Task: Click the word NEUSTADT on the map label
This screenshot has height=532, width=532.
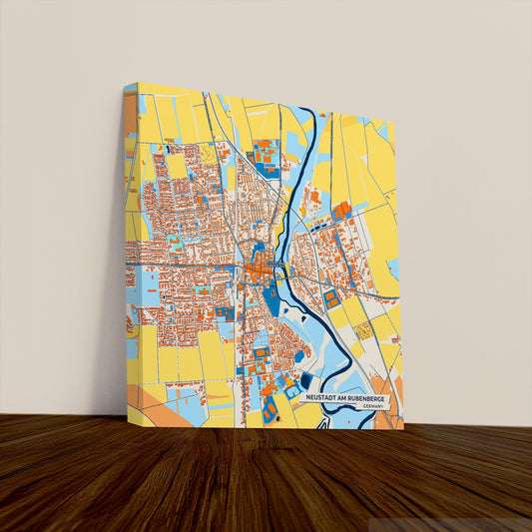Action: pyautogui.click(x=322, y=397)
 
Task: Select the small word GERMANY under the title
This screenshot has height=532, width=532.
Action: pyautogui.click(x=373, y=406)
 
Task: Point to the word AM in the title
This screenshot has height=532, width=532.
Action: pyautogui.click(x=342, y=397)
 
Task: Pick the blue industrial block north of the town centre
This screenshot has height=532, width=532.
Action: pyautogui.click(x=266, y=155)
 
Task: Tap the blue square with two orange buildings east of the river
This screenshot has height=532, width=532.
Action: pyautogui.click(x=332, y=297)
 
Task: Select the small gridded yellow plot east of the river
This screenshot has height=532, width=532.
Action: pyautogui.click(x=363, y=328)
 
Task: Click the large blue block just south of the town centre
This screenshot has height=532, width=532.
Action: pyautogui.click(x=270, y=298)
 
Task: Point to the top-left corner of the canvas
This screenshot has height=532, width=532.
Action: pyautogui.click(x=126, y=84)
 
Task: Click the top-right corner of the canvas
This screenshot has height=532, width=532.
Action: pyautogui.click(x=394, y=122)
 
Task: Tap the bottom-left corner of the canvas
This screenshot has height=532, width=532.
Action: pyautogui.click(x=128, y=423)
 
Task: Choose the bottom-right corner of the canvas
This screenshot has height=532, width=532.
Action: pyautogui.click(x=403, y=429)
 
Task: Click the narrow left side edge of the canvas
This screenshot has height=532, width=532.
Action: pyautogui.click(x=131, y=250)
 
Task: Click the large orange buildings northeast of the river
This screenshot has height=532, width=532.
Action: pyautogui.click(x=341, y=211)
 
